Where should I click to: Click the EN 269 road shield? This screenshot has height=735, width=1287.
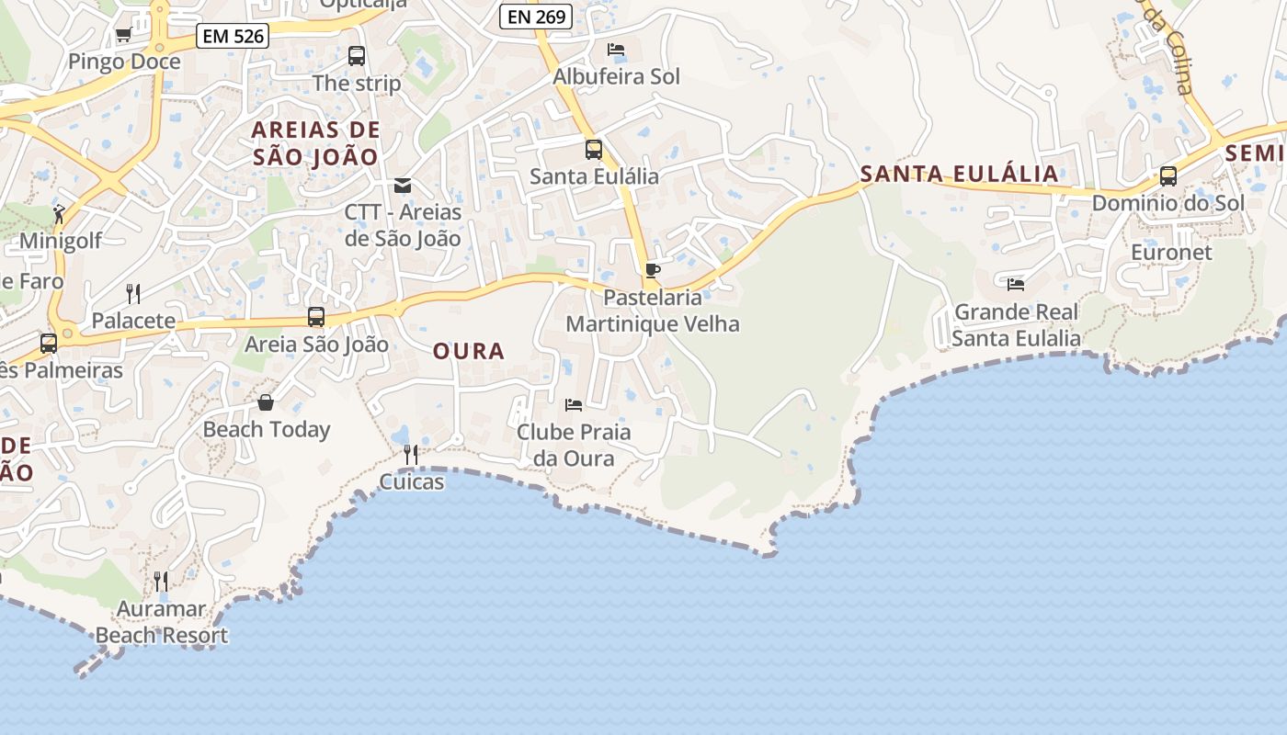pyautogui.click(x=536, y=17)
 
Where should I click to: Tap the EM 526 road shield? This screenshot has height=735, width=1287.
pyautogui.click(x=233, y=37)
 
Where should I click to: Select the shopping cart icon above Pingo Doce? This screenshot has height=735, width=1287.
pyautogui.click(x=123, y=35)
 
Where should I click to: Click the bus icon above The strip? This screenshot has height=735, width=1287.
pyautogui.click(x=357, y=56)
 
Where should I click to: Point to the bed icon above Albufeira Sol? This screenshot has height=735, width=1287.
pyautogui.click(x=616, y=50)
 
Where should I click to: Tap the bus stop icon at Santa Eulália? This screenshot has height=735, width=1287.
pyautogui.click(x=594, y=149)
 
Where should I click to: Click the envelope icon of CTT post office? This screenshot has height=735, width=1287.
pyautogui.click(x=403, y=186)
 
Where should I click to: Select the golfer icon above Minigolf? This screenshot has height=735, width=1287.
pyautogui.click(x=60, y=215)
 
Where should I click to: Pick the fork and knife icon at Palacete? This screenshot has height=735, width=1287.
pyautogui.click(x=134, y=294)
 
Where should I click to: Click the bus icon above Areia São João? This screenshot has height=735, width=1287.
pyautogui.click(x=316, y=318)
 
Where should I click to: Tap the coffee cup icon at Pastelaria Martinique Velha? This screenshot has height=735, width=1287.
pyautogui.click(x=652, y=270)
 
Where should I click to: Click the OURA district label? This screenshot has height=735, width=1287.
pyautogui.click(x=469, y=351)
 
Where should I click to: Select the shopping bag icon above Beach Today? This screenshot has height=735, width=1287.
pyautogui.click(x=266, y=402)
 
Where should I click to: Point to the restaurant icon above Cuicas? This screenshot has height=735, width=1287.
pyautogui.click(x=411, y=454)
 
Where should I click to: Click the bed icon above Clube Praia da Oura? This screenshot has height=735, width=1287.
pyautogui.click(x=574, y=404)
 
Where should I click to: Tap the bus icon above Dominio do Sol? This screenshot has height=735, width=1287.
pyautogui.click(x=1168, y=176)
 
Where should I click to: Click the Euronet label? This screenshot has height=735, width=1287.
pyautogui.click(x=1171, y=252)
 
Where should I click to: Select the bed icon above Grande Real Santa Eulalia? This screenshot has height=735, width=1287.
pyautogui.click(x=1016, y=285)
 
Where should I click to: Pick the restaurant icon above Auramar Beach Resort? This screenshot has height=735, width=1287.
pyautogui.click(x=161, y=581)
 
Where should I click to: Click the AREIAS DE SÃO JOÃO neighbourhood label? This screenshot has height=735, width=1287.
pyautogui.click(x=315, y=143)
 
